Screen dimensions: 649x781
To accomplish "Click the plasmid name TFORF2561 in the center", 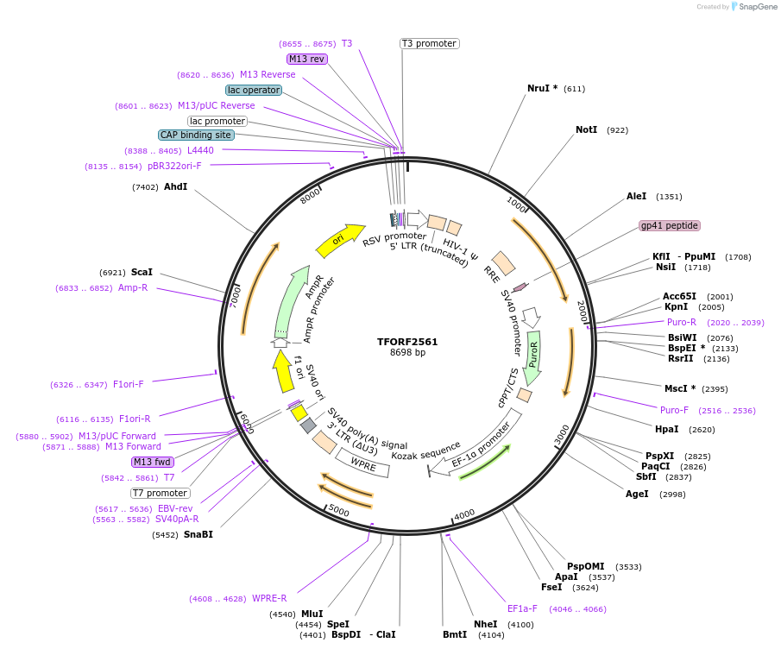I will [x=407, y=341].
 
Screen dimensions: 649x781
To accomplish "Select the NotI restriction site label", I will [x=586, y=129].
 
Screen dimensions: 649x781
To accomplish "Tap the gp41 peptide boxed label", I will [x=669, y=225].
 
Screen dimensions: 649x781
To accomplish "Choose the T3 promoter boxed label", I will [x=429, y=43].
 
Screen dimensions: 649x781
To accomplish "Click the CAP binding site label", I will [x=195, y=135].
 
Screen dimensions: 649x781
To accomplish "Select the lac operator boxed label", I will [x=254, y=90].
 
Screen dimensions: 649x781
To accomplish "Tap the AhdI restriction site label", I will [x=175, y=186].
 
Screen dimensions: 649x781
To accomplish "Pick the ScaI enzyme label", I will [x=142, y=272].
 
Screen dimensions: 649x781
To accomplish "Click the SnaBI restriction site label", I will [x=198, y=534].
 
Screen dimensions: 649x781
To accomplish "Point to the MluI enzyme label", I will [x=312, y=614].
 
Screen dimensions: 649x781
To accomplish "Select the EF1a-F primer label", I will [x=522, y=608].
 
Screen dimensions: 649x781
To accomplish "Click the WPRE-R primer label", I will [x=269, y=598].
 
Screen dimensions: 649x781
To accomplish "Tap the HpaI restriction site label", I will [x=666, y=429].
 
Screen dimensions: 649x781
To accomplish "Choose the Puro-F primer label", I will [x=674, y=410].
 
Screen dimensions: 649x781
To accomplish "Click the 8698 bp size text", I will [x=407, y=352].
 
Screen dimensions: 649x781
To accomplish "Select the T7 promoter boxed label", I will [x=160, y=493].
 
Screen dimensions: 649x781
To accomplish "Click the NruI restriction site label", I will [x=542, y=88].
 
